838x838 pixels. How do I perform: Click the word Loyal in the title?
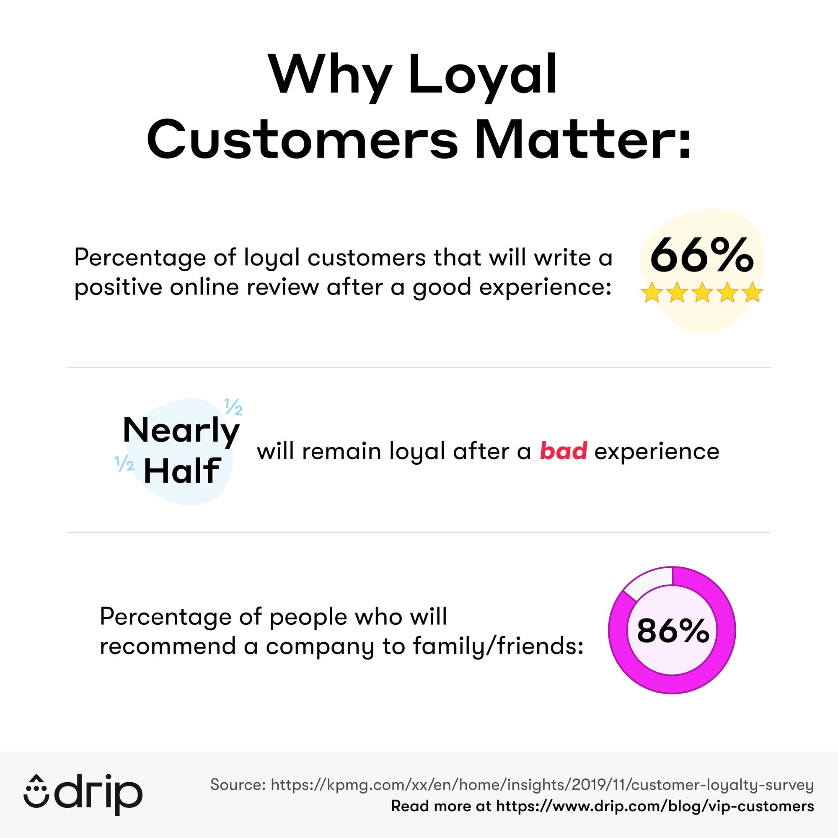[x=482, y=75]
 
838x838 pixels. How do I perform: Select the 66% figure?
[x=701, y=256]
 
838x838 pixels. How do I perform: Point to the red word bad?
[x=563, y=451]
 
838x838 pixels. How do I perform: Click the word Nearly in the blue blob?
[x=181, y=431]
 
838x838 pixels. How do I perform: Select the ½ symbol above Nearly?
[x=233, y=407]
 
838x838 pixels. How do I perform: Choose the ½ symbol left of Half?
[x=124, y=464]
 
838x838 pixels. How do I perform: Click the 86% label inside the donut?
[x=673, y=631]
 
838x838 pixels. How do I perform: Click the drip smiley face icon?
[x=36, y=795]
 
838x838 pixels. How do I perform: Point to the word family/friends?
[x=498, y=646]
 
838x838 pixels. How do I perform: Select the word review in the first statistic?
[x=283, y=287]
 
